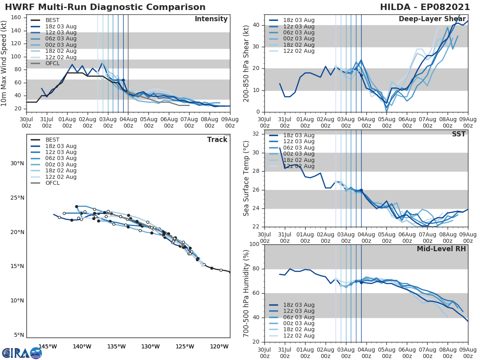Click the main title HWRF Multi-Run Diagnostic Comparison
[105, 7]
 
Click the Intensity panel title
[211, 19]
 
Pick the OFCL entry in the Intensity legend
[53, 63]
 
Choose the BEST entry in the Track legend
[53, 140]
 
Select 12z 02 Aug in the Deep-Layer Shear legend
[299, 51]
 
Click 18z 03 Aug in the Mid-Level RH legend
[299, 305]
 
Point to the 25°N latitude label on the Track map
[17, 198]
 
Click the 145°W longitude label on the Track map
[48, 346]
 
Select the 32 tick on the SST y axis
[256, 134]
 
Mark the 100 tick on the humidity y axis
[254, 244]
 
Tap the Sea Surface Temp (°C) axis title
[246, 178]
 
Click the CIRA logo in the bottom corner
[22, 353]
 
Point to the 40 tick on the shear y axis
[256, 25]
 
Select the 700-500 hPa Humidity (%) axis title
[246, 293]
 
